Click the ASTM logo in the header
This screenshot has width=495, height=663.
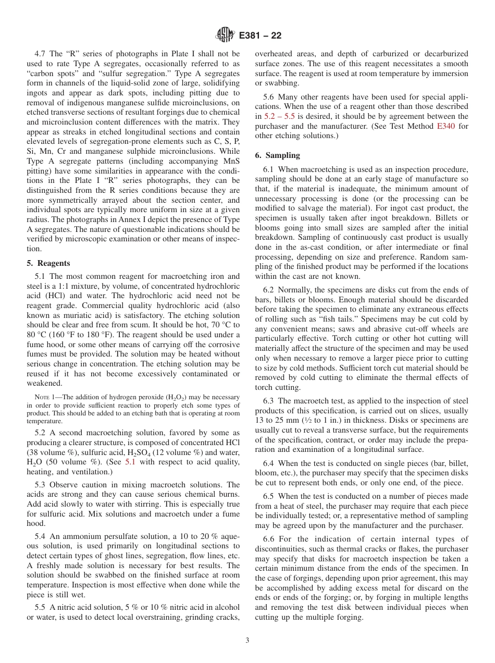225,35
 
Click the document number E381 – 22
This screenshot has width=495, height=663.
260,35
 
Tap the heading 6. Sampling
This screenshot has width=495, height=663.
278,155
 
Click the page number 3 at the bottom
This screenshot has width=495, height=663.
247,641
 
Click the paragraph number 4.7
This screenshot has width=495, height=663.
41,54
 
